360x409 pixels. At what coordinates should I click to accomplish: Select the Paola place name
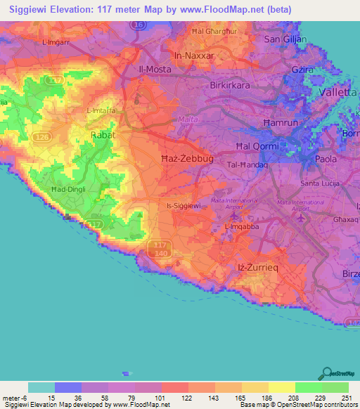point(326,159)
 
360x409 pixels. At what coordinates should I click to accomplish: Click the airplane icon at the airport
point(301,218)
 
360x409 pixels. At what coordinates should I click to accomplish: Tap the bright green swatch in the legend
point(308,387)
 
